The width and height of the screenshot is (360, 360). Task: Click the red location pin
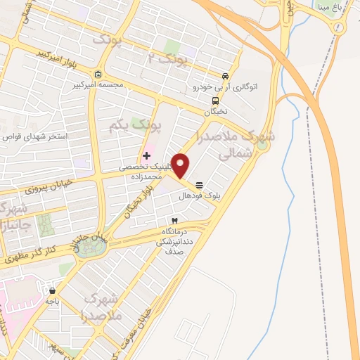(x=181, y=166)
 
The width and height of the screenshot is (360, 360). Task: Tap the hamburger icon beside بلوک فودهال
(x=200, y=186)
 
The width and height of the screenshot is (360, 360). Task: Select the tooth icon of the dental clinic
(x=174, y=221)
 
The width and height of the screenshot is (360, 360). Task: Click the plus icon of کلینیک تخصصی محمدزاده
(x=146, y=155)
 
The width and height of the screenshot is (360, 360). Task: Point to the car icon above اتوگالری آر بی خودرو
(x=224, y=77)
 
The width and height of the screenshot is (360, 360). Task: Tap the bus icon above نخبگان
(x=215, y=101)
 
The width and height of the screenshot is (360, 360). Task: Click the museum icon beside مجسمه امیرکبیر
(x=98, y=75)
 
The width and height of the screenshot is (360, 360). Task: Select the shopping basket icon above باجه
(x=52, y=290)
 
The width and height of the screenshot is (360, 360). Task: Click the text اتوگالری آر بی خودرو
(x=223, y=88)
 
